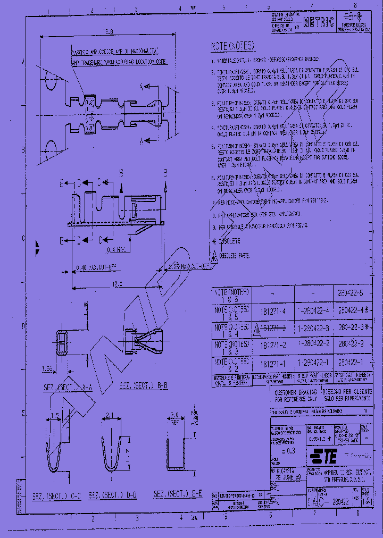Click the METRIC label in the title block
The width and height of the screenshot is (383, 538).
point(319,22)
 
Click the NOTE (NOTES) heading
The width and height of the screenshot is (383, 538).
point(233,46)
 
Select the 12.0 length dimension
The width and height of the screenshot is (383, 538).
point(116,284)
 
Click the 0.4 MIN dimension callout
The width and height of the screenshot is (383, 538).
point(116,248)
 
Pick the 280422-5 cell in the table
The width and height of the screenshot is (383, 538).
point(353,293)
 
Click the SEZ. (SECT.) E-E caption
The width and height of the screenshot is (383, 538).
point(178,494)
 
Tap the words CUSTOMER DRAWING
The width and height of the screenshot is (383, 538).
point(295,392)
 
